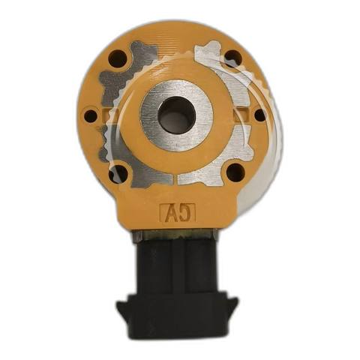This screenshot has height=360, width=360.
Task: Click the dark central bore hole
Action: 176,115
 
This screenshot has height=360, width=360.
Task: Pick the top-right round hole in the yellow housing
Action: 233,59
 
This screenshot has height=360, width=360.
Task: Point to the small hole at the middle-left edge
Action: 91,116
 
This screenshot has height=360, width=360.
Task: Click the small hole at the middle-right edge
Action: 260,115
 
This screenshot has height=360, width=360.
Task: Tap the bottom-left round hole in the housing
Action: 118,172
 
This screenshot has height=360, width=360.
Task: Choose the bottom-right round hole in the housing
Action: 235,172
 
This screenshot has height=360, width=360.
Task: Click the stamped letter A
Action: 169,213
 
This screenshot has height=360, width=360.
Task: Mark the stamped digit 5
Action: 186,213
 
